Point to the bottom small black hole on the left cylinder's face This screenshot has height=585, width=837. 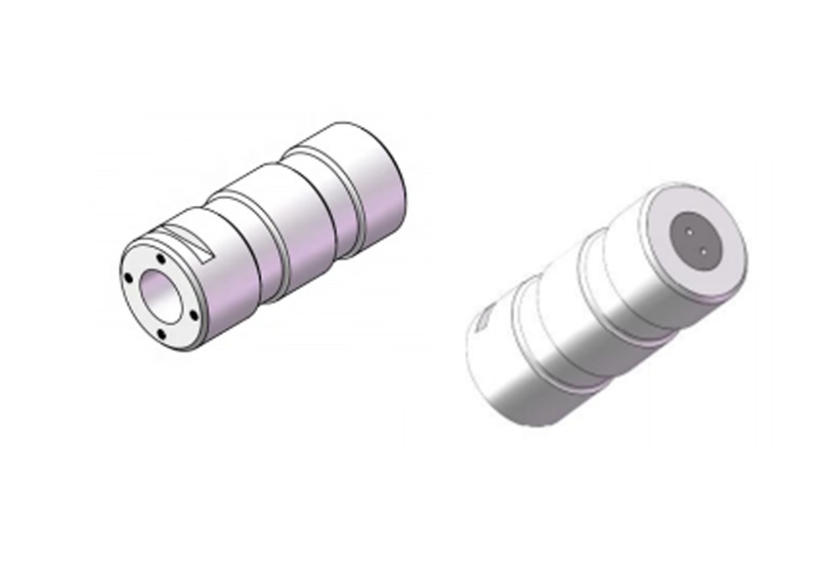click(159, 335)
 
